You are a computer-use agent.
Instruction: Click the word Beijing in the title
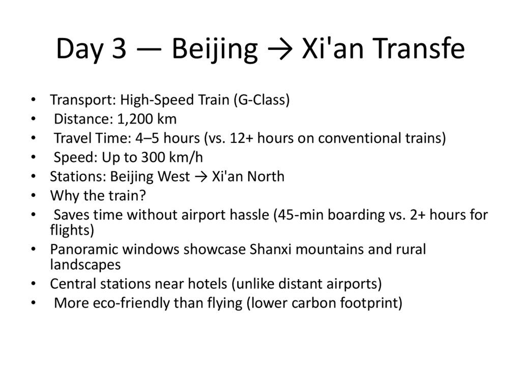(x=214, y=49)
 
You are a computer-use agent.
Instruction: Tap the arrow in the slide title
(x=280, y=49)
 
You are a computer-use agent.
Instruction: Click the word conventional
(x=360, y=138)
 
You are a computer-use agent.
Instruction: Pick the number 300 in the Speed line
(x=163, y=157)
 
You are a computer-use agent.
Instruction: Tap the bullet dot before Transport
(x=33, y=100)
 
